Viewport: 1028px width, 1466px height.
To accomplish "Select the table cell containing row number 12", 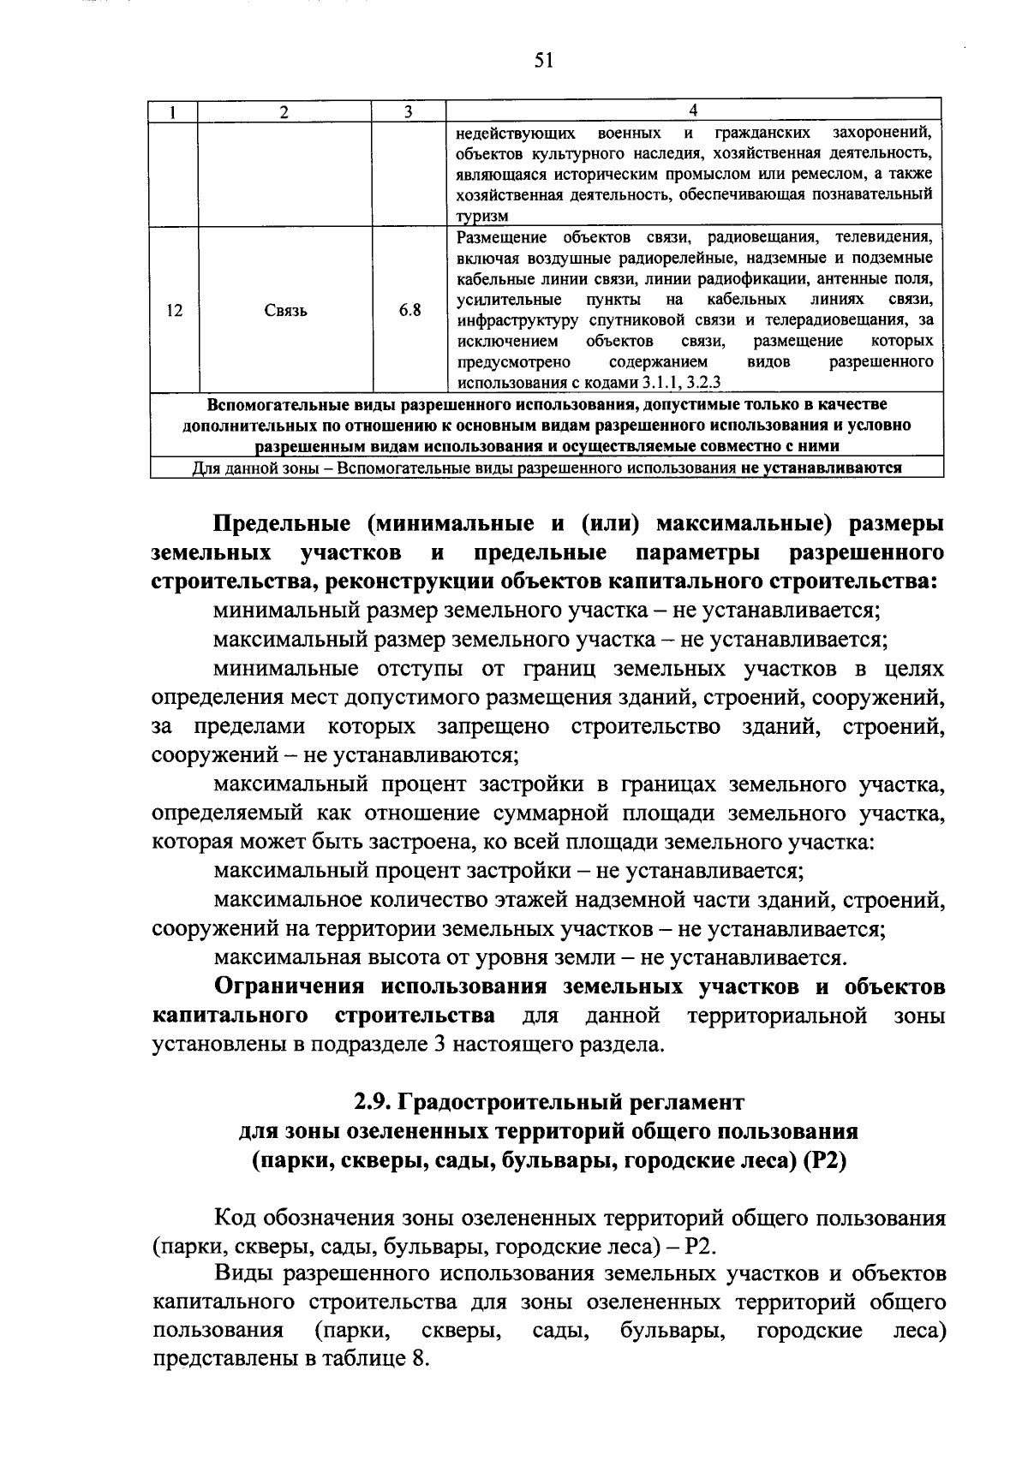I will pyautogui.click(x=174, y=310).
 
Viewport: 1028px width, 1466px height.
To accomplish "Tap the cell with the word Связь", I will pyautogui.click(x=285, y=310).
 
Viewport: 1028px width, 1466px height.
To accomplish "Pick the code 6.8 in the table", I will pyautogui.click(x=409, y=310).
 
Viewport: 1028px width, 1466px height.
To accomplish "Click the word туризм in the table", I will pyautogui.click(x=482, y=218).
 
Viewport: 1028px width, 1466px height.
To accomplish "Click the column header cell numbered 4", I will pyautogui.click(x=693, y=110).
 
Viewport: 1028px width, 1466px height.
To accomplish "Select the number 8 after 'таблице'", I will pyautogui.click(x=420, y=1360).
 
